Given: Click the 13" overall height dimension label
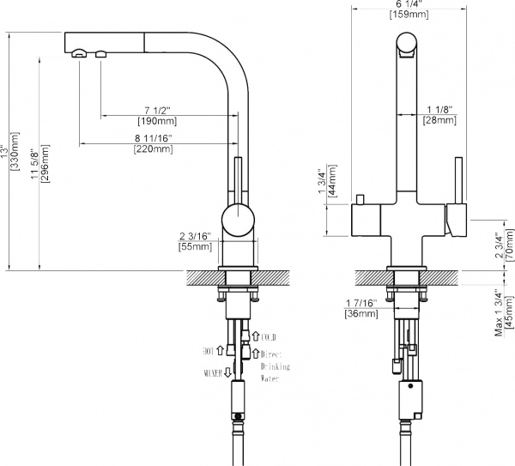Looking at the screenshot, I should click(12, 152).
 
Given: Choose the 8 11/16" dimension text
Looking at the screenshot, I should click(154, 138).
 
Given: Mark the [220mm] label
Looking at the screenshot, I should click(154, 149).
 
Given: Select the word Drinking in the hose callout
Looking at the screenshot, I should click(277, 366).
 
